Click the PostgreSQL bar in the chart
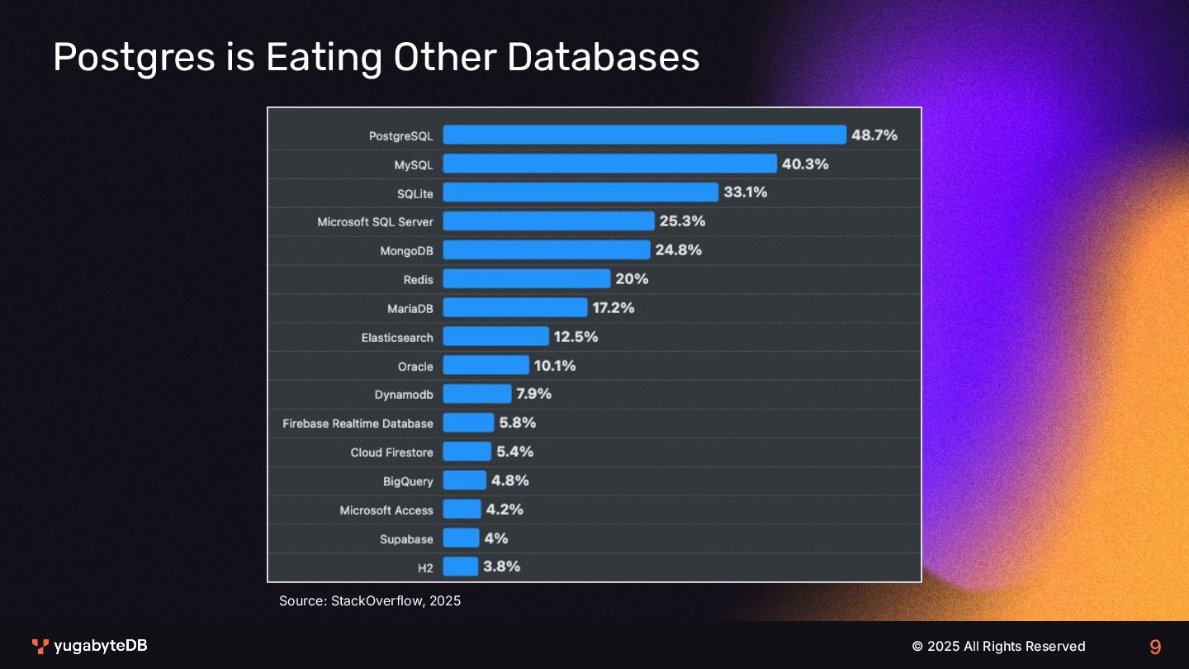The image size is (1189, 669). pyautogui.click(x=644, y=135)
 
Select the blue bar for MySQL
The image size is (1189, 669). pyautogui.click(x=609, y=164)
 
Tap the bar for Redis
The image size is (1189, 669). pyautogui.click(x=526, y=278)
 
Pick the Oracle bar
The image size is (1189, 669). pyautogui.click(x=486, y=365)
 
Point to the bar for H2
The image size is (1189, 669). pyautogui.click(x=460, y=567)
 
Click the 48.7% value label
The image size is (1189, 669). pyautogui.click(x=874, y=135)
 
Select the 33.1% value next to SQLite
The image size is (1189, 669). pyautogui.click(x=746, y=192)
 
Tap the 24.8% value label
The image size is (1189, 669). pyautogui.click(x=679, y=249)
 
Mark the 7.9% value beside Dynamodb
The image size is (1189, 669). pyautogui.click(x=534, y=394)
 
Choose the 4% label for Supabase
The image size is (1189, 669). pyautogui.click(x=496, y=539)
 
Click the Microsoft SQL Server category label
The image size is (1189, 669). pyautogui.click(x=375, y=222)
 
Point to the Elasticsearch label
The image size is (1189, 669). pyautogui.click(x=397, y=338)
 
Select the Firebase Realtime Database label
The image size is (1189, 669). pyautogui.click(x=358, y=424)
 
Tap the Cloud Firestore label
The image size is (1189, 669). pyautogui.click(x=391, y=453)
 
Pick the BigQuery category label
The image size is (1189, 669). pyautogui.click(x=408, y=482)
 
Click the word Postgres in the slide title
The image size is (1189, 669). pyautogui.click(x=150, y=58)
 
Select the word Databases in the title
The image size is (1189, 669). pyautogui.click(x=603, y=58)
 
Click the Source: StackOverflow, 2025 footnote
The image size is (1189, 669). pyautogui.click(x=370, y=600)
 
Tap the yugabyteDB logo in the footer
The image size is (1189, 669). pyautogui.click(x=89, y=646)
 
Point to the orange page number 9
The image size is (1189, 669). pyautogui.click(x=1155, y=647)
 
